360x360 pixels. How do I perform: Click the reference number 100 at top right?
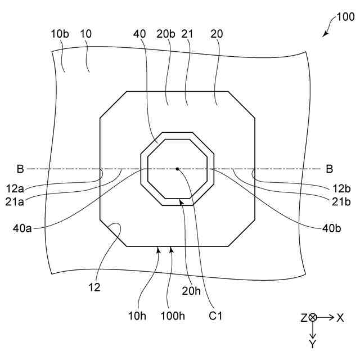pyautogui.click(x=345, y=17)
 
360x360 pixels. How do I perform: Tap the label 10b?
pyautogui.click(x=58, y=34)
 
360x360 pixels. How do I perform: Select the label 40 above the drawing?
pyautogui.click(x=139, y=34)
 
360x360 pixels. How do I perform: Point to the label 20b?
pyautogui.click(x=166, y=34)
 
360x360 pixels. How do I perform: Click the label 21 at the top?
pyautogui.click(x=187, y=34)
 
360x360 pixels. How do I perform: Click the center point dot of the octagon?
pyautogui.click(x=177, y=168)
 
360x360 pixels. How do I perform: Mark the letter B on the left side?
pyautogui.click(x=20, y=168)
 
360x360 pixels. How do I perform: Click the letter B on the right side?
pyautogui.click(x=330, y=168)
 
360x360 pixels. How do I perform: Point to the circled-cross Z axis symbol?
pyautogui.click(x=313, y=318)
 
